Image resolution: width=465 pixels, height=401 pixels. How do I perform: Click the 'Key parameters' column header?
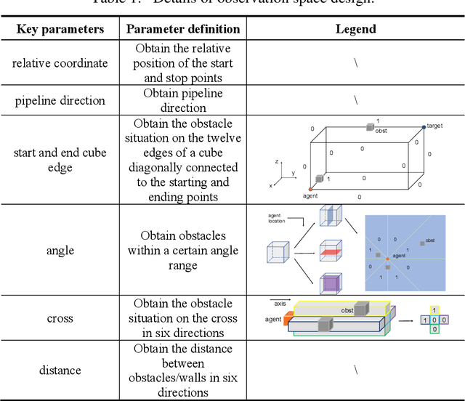[x=61, y=29]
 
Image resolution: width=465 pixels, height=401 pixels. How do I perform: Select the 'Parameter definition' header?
[x=183, y=29]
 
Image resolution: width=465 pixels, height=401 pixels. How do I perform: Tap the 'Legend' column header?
[x=355, y=29]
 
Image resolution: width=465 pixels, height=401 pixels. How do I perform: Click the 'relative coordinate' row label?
[x=60, y=63]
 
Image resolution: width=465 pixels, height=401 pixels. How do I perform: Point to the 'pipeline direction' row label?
[x=60, y=101]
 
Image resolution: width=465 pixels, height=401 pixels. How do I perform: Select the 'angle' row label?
[x=60, y=250]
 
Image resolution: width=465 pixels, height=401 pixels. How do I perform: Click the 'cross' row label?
[x=60, y=318]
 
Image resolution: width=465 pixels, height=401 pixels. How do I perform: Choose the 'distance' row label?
[x=60, y=370]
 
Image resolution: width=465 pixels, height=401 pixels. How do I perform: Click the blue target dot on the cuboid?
[x=424, y=127]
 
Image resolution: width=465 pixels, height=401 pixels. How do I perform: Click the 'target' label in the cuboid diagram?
[x=434, y=126]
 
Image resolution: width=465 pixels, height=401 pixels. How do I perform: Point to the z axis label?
[x=276, y=161]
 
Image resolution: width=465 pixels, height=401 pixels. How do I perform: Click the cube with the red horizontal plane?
[x=330, y=251]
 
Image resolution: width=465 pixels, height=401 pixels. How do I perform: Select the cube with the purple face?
[x=330, y=283]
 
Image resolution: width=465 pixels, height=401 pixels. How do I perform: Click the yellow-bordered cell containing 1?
[x=434, y=310]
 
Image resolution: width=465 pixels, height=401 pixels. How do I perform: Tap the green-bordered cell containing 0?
[x=434, y=329]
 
